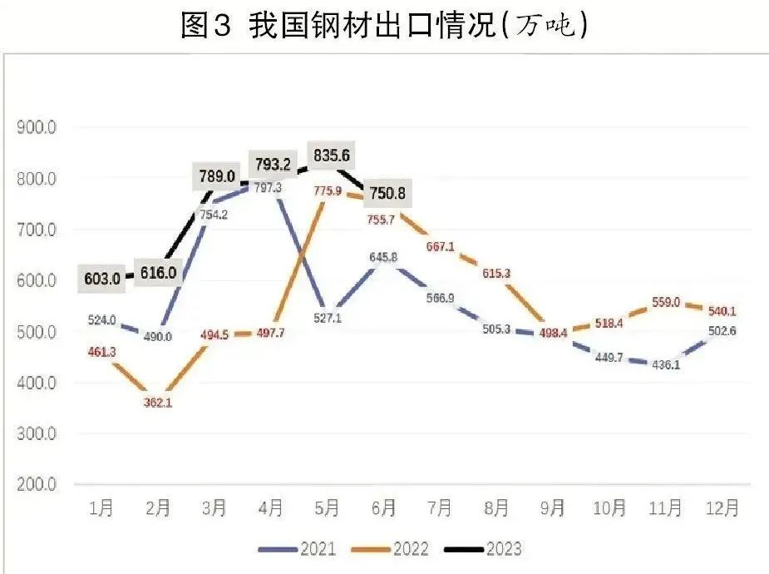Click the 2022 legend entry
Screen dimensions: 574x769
391,549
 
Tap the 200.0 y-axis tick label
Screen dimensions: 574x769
37,484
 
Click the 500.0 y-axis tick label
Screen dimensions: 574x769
37,332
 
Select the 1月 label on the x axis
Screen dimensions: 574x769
101,508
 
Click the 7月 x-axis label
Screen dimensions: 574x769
440,508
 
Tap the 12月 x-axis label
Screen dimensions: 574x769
719,508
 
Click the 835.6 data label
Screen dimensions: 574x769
328,156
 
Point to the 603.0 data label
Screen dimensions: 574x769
103,279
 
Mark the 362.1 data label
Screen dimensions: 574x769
158,403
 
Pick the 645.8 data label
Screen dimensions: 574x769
384,259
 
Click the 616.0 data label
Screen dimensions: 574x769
159,274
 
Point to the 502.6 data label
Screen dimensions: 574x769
722,331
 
